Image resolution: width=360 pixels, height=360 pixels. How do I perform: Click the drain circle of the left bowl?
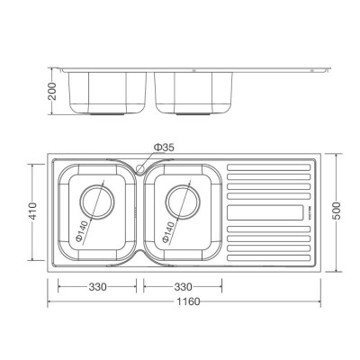[98, 206]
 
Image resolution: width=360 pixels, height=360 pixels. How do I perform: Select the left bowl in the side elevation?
[108, 90]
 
